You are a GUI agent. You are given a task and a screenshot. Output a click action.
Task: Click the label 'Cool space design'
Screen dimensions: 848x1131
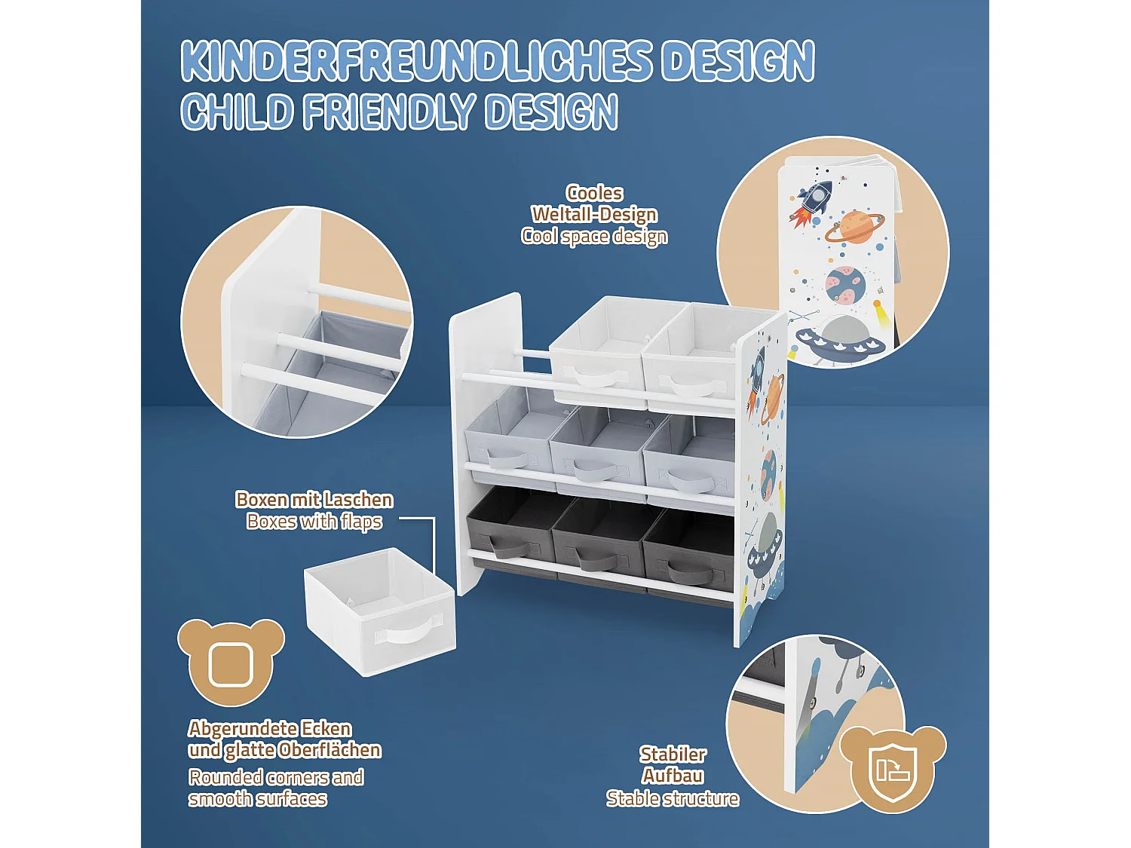click(x=594, y=237)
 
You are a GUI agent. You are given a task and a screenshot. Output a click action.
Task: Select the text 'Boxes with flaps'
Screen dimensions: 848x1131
click(x=314, y=522)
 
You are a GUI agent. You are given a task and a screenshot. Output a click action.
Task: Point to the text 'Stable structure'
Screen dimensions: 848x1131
click(x=673, y=798)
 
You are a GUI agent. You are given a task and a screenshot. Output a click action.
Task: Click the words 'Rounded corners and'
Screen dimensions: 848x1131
click(x=276, y=777)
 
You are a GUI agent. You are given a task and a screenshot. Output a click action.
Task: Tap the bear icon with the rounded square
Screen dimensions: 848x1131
click(x=231, y=663)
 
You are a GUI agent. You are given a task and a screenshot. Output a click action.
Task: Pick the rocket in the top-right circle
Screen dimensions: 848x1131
click(x=814, y=198)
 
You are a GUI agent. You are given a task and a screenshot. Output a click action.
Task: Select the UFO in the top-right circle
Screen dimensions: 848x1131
click(x=840, y=338)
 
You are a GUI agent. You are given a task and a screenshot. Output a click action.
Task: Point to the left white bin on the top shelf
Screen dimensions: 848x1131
click(x=596, y=351)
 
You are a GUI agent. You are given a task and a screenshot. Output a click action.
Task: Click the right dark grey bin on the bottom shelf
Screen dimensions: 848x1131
click(x=688, y=558)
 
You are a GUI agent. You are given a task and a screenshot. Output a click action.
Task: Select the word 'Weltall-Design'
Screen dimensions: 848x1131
click(x=594, y=215)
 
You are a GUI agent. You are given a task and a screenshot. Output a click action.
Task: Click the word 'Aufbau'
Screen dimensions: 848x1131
click(x=673, y=776)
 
